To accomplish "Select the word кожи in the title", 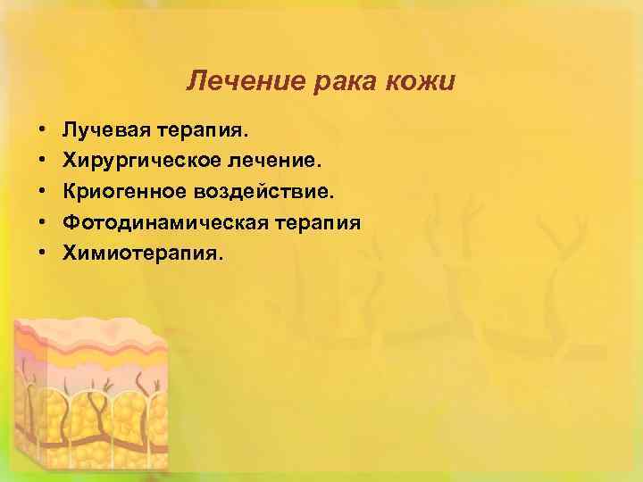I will (x=422, y=83).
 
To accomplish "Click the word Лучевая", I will (x=106, y=131).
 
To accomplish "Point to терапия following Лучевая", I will (x=204, y=131).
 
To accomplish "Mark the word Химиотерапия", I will (x=144, y=253).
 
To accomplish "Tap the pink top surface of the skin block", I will (x=80, y=332).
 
